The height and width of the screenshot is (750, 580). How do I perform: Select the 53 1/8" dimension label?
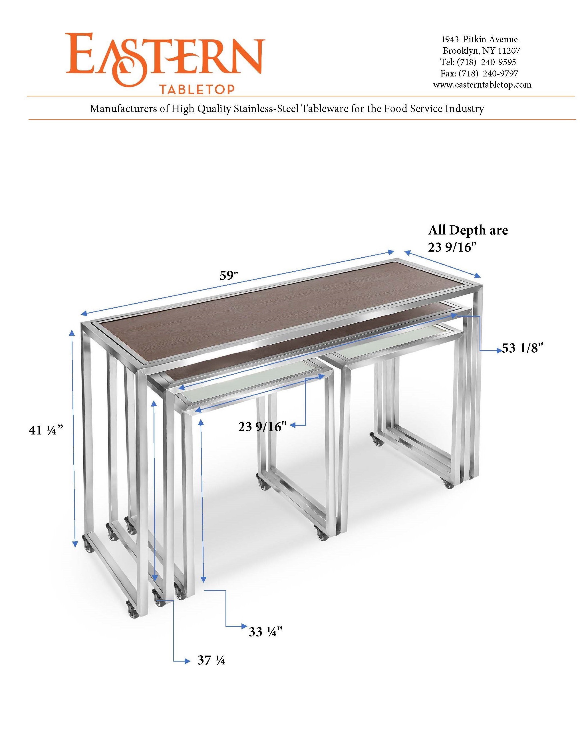click(522, 348)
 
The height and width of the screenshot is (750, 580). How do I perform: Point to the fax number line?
click(479, 73)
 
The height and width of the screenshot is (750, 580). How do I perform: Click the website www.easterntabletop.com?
click(482, 84)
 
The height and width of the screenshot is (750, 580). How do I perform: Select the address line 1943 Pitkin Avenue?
click(479, 39)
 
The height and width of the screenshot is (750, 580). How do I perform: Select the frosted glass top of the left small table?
click(249, 386)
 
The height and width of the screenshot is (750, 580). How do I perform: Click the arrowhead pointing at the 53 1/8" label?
click(498, 351)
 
